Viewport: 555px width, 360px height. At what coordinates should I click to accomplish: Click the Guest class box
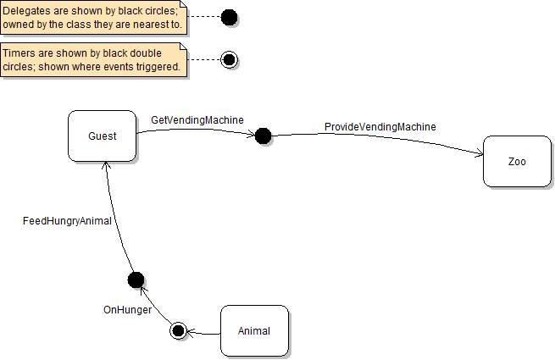(102, 136)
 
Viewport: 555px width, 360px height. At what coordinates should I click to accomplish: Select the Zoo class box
(517, 161)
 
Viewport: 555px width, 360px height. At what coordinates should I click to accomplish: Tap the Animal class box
(254, 330)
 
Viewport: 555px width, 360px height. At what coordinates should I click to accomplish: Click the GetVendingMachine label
(197, 120)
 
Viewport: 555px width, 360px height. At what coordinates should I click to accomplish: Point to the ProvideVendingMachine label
(380, 127)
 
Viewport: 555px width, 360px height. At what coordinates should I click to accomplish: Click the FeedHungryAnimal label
(67, 221)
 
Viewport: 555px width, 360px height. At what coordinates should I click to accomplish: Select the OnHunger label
(127, 310)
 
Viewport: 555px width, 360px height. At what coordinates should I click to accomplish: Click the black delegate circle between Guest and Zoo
(263, 136)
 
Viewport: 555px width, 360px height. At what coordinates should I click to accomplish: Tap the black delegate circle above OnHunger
(136, 280)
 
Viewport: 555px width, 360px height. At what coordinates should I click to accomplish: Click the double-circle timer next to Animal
(178, 330)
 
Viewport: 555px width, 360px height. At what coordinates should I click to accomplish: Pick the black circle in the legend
(229, 17)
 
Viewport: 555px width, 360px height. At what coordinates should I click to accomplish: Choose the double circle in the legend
(229, 59)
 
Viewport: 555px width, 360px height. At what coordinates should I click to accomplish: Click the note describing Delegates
(93, 17)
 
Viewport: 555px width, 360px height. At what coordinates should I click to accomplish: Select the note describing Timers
(93, 60)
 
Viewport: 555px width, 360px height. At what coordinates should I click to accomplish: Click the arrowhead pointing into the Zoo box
(480, 153)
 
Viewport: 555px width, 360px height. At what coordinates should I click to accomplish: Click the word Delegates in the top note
(25, 10)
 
